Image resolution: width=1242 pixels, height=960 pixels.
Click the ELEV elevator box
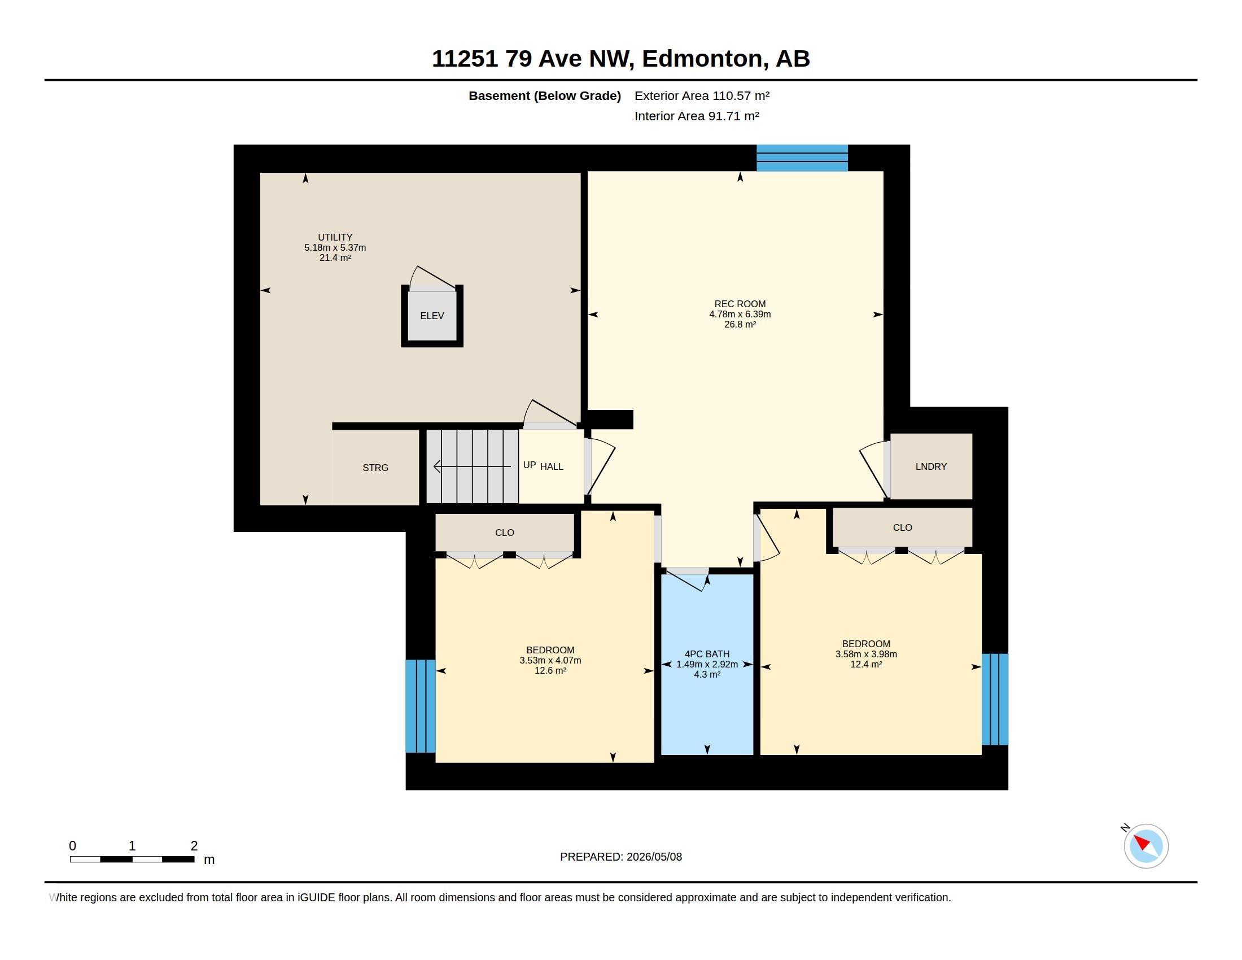(432, 316)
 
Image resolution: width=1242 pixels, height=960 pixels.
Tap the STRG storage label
(375, 468)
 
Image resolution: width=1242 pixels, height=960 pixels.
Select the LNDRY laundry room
(931, 466)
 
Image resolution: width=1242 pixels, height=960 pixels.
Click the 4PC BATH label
(707, 654)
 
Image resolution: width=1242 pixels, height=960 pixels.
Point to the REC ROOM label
(740, 304)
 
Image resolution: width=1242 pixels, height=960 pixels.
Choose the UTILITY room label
(335, 237)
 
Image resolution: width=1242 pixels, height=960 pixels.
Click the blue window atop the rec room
(802, 158)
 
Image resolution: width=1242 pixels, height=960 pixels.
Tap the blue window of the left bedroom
(420, 706)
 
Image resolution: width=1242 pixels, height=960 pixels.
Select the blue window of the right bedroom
(995, 699)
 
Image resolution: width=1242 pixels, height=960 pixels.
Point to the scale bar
(132, 859)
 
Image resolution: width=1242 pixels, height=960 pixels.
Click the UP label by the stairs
(530, 465)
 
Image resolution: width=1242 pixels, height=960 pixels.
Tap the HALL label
(552, 466)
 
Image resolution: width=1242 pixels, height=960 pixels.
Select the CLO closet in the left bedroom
(504, 533)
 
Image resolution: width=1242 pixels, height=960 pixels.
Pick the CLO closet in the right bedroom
(903, 527)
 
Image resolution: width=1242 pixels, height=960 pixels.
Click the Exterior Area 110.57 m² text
(702, 95)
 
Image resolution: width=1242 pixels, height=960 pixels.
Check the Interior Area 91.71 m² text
(697, 116)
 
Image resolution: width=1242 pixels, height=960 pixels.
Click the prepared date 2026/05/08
(654, 857)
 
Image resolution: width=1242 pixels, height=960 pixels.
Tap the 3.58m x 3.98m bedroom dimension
(866, 654)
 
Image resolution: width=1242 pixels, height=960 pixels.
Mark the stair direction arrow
(472, 466)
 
